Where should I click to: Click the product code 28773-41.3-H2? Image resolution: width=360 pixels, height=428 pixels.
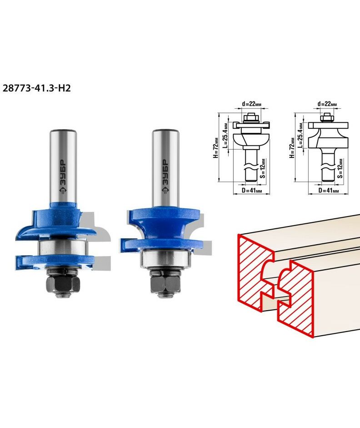(x=36, y=88)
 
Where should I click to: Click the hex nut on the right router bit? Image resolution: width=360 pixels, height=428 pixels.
(x=165, y=283)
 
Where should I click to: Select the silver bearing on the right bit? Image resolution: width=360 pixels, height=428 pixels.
(x=165, y=259)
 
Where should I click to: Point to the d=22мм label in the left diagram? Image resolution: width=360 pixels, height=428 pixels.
(x=252, y=104)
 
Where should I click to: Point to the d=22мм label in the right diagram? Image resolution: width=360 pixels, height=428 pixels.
(x=327, y=104)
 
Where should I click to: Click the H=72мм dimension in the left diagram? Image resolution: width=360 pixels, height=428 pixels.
(x=216, y=147)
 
